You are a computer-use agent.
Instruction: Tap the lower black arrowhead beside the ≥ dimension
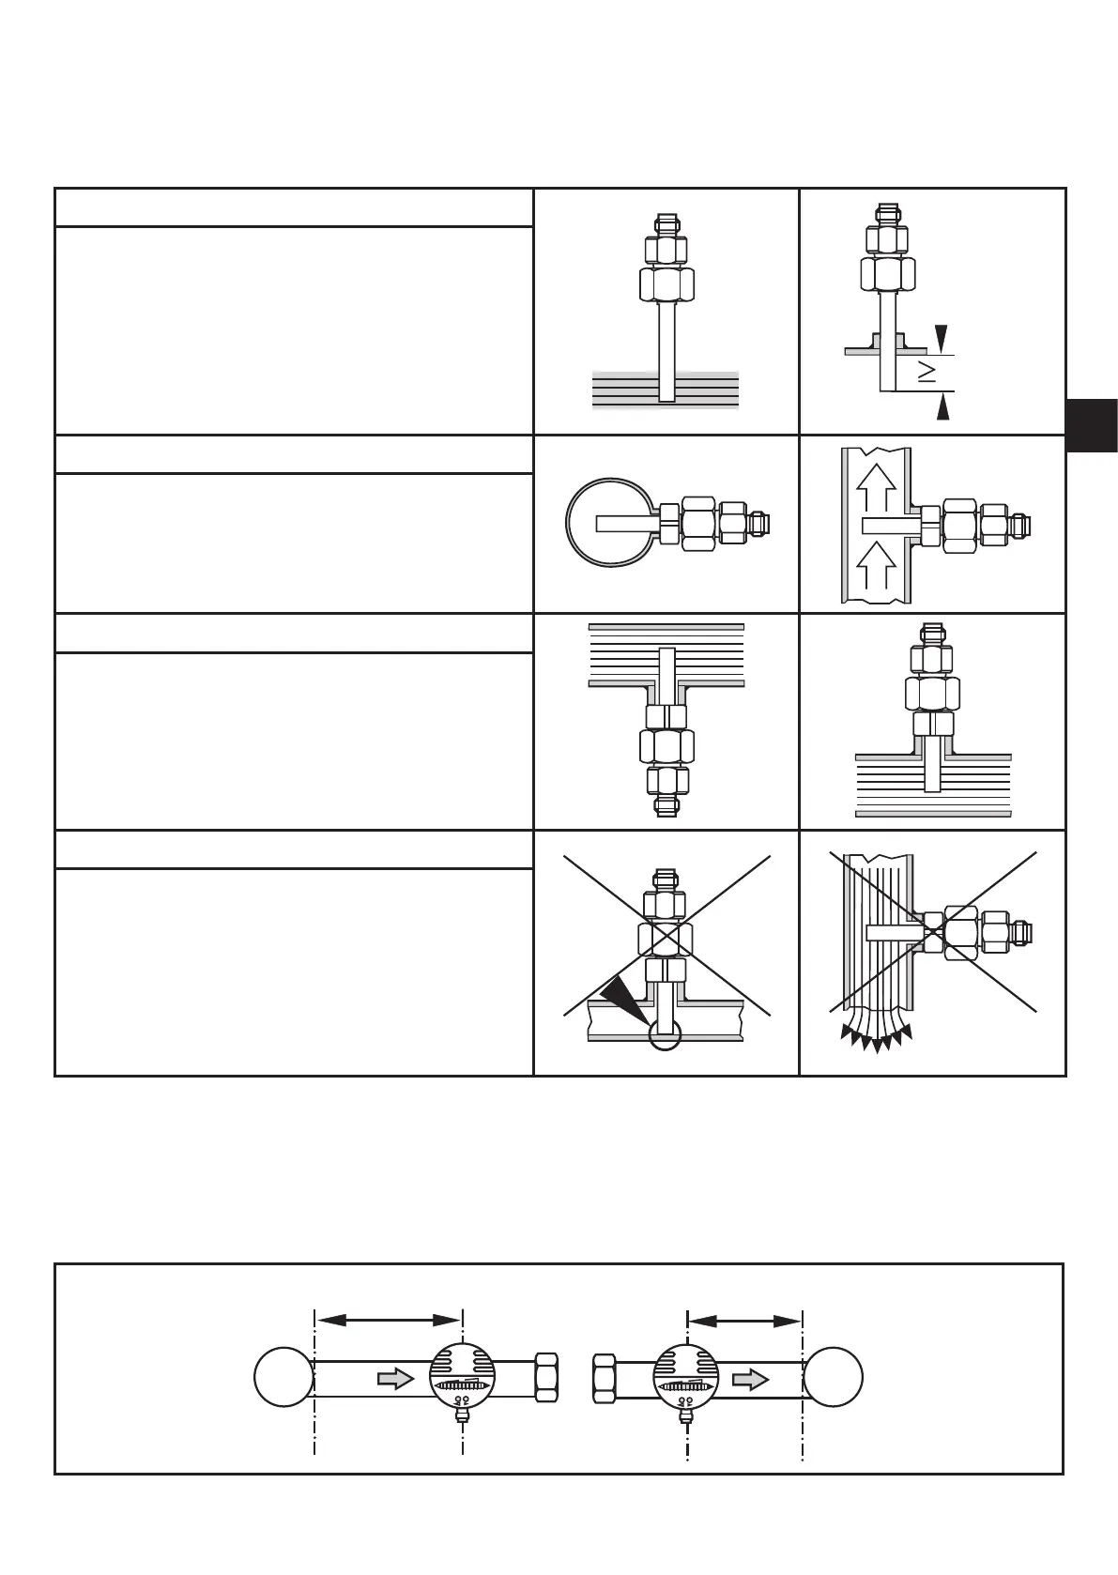click(x=942, y=407)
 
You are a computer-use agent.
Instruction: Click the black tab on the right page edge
click(x=1092, y=425)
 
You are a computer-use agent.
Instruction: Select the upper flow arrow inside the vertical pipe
click(x=877, y=488)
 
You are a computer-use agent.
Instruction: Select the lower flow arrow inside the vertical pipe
click(x=877, y=566)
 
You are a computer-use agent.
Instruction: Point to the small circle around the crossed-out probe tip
click(x=664, y=1034)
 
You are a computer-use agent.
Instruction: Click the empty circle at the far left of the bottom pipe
click(x=283, y=1378)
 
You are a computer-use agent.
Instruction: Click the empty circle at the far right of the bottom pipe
click(x=833, y=1378)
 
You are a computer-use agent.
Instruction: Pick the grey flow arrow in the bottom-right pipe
click(x=751, y=1379)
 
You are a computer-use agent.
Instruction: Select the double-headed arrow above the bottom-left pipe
click(x=389, y=1320)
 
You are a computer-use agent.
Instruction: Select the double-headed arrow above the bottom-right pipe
click(x=744, y=1320)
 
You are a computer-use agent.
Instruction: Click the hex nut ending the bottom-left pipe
click(x=547, y=1378)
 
